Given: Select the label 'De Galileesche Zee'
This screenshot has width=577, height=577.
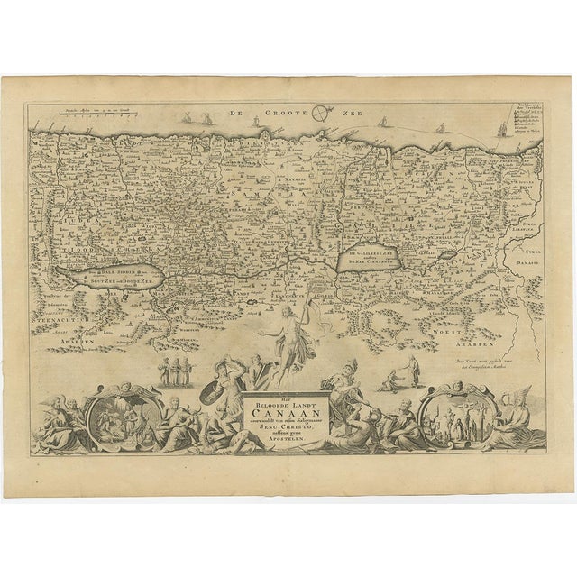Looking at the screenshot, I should pos(369,255).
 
